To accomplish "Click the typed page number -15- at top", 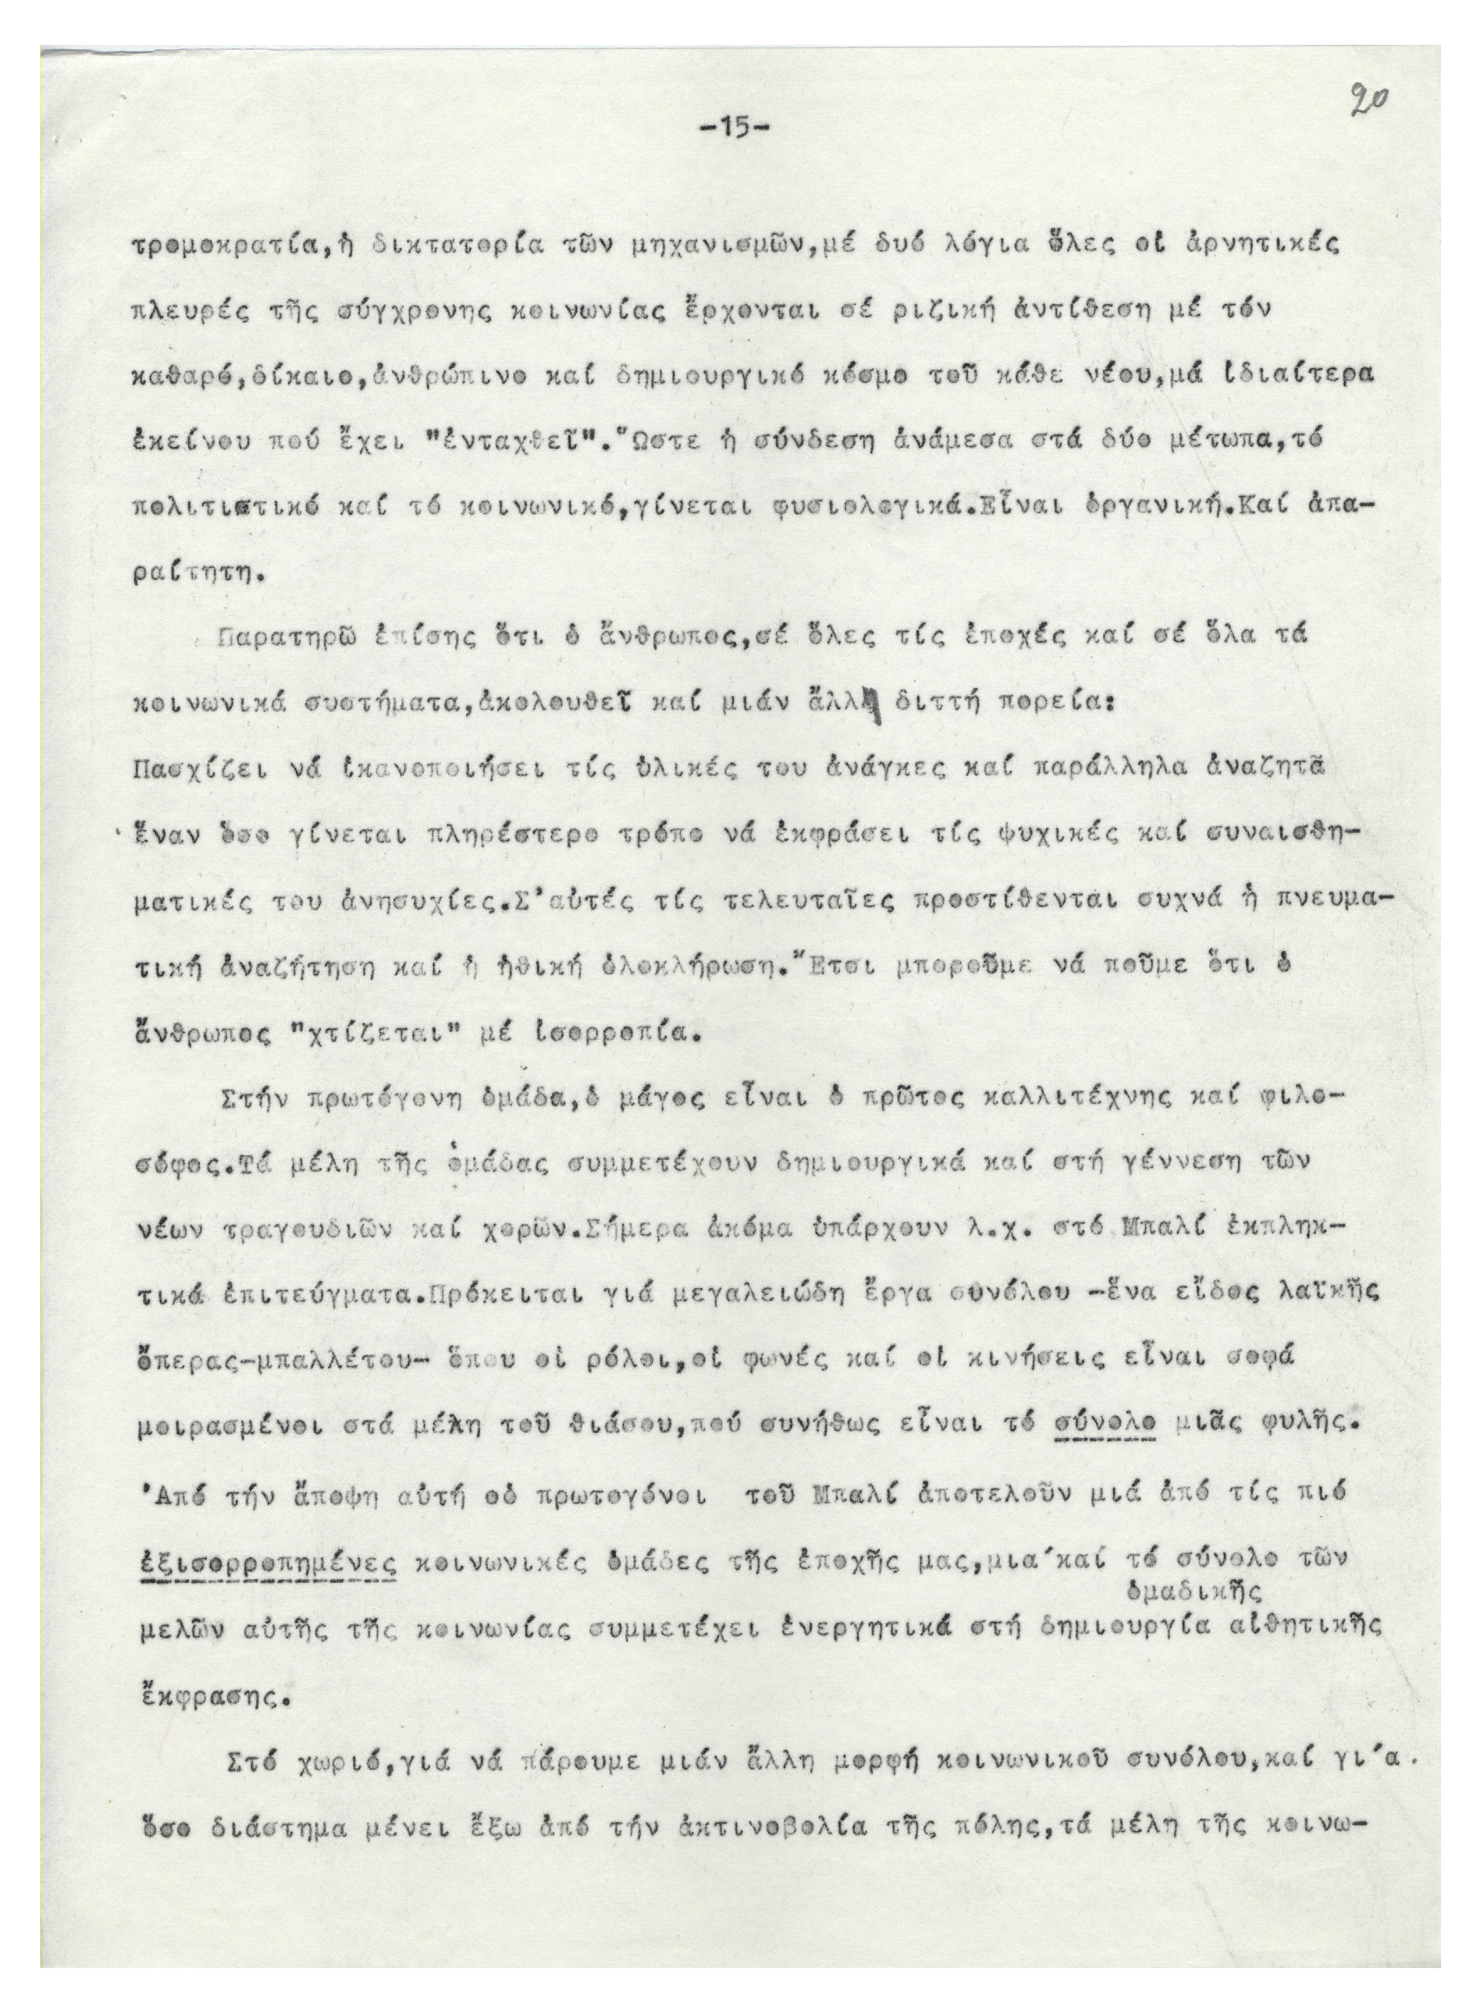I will click(x=733, y=128).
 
